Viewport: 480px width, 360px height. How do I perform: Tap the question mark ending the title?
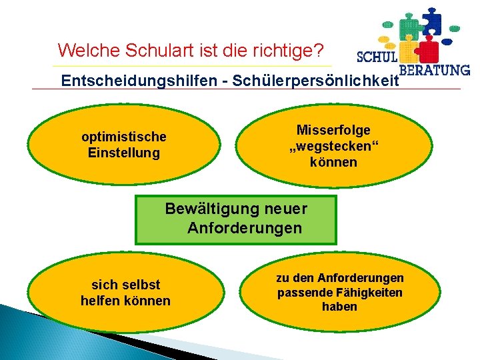tap(319, 50)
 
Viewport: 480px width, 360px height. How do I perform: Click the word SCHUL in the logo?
tap(377, 57)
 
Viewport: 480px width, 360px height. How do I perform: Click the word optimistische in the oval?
tap(124, 137)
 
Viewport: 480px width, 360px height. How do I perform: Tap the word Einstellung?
tap(124, 153)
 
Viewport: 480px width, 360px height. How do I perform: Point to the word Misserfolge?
tap(333, 130)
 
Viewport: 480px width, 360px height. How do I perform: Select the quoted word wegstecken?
tap(333, 146)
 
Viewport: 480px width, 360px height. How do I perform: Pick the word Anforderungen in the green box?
tap(245, 229)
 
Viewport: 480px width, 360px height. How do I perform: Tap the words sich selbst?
tap(126, 285)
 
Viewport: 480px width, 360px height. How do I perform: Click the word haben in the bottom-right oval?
tap(340, 307)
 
